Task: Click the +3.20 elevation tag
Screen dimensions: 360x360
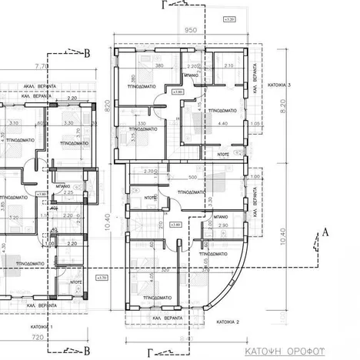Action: coord(228,17)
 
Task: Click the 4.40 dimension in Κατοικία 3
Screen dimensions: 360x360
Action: coord(223,123)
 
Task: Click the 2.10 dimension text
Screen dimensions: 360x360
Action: coord(228,66)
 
